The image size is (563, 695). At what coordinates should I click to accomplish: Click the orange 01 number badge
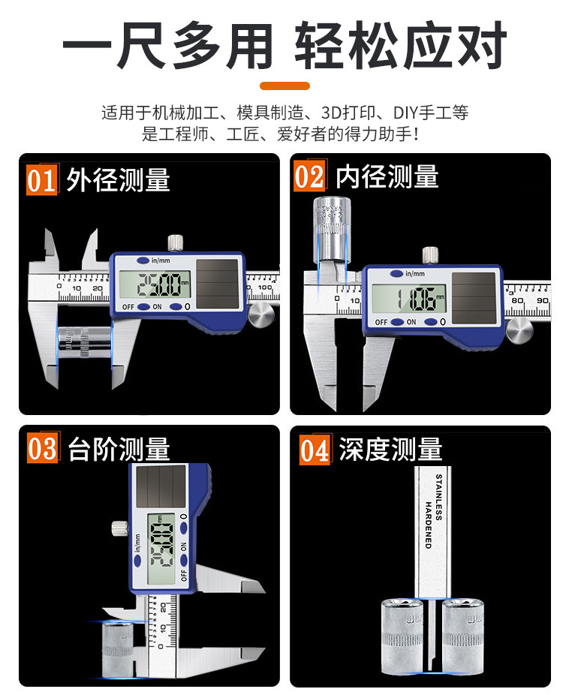tap(42, 181)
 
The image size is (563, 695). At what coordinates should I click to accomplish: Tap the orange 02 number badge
tap(309, 176)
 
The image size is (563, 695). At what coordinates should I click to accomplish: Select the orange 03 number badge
tap(43, 449)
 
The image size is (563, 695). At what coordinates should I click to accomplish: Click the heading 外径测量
tap(118, 180)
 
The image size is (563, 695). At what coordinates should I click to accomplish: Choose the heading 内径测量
tap(387, 177)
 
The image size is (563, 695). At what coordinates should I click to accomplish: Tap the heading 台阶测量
tap(119, 449)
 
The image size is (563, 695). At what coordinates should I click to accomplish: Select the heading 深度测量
tap(390, 450)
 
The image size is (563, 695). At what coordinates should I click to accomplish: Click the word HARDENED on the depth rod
tap(428, 525)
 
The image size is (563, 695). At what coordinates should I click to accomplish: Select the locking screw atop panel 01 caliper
tap(176, 243)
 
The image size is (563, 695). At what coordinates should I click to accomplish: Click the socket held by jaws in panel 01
tap(82, 344)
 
